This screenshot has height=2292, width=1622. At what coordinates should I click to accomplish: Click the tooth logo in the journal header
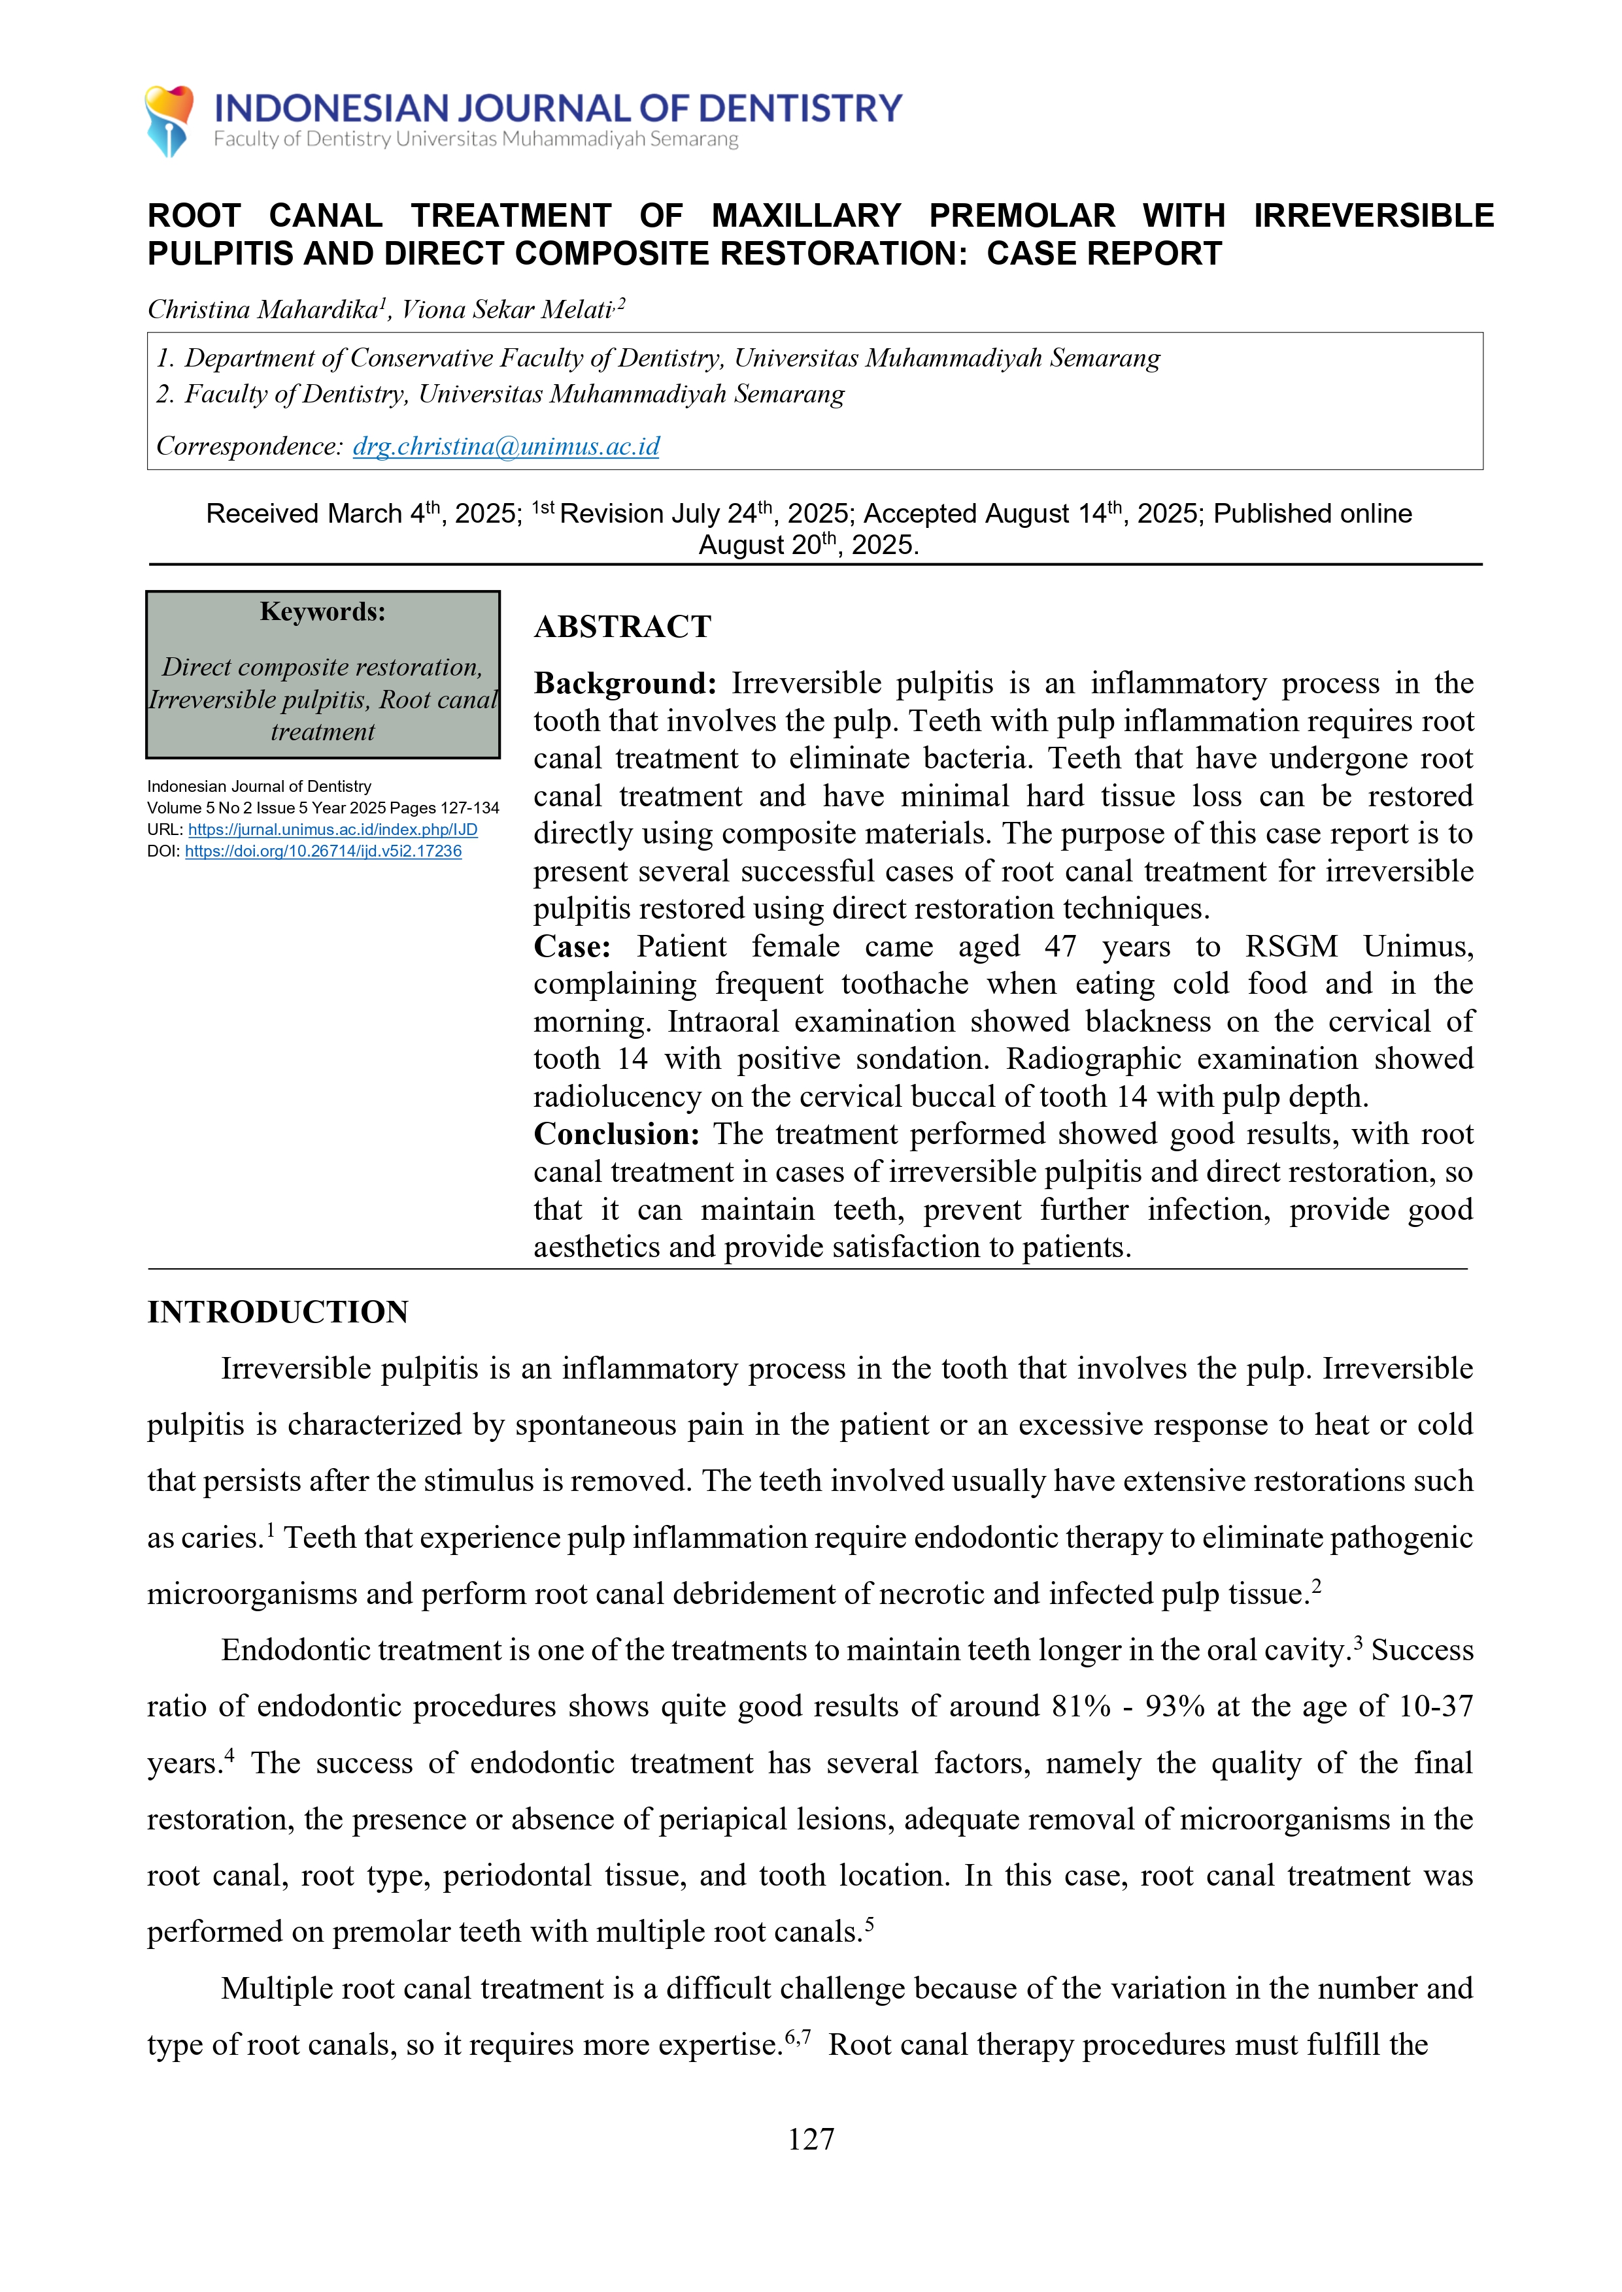coord(169,120)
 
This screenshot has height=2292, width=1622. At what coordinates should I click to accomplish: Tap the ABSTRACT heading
coord(622,627)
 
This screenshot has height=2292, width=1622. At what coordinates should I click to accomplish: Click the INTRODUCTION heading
coord(278,1312)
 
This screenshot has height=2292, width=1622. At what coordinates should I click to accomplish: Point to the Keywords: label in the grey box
coord(322,611)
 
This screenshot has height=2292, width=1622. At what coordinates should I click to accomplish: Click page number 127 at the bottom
coord(810,2138)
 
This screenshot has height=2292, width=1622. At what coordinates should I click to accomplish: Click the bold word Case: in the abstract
coord(571,946)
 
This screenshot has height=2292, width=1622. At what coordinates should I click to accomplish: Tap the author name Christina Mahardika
coord(263,310)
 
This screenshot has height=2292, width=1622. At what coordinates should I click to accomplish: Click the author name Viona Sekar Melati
coord(507,310)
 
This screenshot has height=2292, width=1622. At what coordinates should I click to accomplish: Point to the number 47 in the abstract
coord(1060,946)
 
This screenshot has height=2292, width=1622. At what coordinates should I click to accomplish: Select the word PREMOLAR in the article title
coord(1022,216)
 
